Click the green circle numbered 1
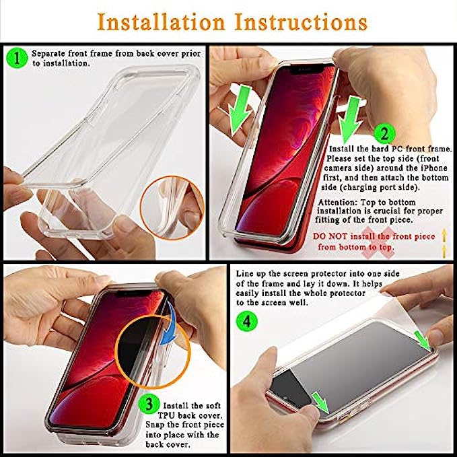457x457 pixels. click(17, 58)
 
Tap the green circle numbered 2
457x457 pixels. click(385, 134)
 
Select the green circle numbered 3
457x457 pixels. click(149, 404)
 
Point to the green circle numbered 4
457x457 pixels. click(247, 322)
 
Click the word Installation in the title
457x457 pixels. click(161, 22)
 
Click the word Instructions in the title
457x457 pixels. click(301, 22)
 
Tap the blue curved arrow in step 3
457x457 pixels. click(169, 324)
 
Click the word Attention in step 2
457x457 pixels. click(337, 203)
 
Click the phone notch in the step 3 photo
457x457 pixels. click(135, 293)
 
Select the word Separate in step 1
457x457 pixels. click(48, 54)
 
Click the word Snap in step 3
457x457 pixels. click(154, 425)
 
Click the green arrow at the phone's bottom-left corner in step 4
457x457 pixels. click(320, 402)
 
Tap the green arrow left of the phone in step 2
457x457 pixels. click(240, 110)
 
